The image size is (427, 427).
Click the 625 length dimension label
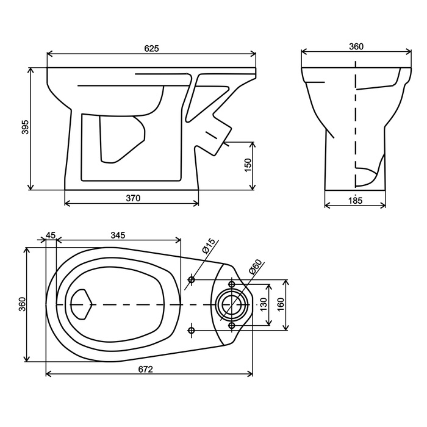tap(151, 48)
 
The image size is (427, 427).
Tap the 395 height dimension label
tap(26, 127)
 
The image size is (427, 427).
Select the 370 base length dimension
tap(133, 198)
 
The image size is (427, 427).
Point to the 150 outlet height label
tap(248, 165)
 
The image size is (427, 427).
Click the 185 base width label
tap(356, 201)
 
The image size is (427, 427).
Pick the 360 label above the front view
tap(356, 46)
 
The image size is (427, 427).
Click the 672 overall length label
tap(146, 369)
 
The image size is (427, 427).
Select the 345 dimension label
tap(118, 235)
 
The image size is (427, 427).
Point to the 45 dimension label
tap(51, 235)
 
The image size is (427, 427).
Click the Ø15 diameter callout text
tap(209, 246)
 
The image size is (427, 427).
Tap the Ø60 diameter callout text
tap(255, 267)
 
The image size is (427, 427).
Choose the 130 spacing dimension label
tap(264, 304)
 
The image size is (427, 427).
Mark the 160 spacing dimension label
tap(280, 304)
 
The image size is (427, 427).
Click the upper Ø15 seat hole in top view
tap(192, 279)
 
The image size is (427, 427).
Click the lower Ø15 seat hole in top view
tap(192, 331)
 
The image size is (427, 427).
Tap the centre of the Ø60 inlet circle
tap(232, 304)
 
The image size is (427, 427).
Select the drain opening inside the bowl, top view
tap(81, 304)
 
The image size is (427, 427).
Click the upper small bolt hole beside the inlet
tap(232, 284)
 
